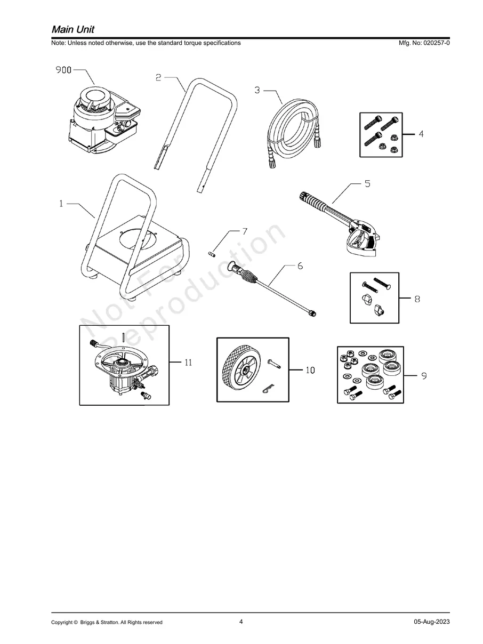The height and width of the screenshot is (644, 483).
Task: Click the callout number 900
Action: [64, 69]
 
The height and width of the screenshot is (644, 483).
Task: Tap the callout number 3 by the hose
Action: [257, 90]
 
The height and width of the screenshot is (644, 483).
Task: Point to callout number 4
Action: [421, 134]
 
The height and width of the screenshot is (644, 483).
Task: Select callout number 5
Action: [367, 184]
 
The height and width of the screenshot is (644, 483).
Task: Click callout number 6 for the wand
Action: [300, 265]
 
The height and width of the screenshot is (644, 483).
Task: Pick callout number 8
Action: [417, 299]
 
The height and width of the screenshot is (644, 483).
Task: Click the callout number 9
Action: [424, 376]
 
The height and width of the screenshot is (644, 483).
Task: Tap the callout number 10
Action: [310, 370]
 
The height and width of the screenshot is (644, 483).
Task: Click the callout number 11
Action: [188, 363]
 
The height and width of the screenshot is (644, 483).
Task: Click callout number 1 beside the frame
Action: [61, 203]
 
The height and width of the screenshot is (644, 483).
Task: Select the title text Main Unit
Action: [73, 29]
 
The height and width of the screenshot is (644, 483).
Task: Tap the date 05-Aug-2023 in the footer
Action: [432, 622]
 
